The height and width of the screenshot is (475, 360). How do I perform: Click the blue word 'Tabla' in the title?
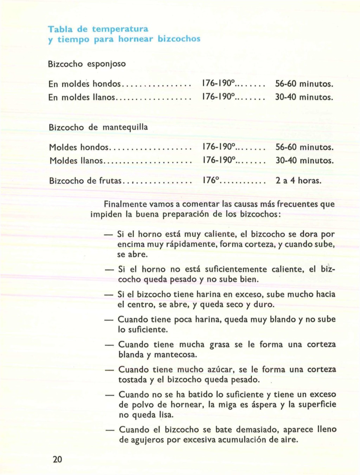click(58, 28)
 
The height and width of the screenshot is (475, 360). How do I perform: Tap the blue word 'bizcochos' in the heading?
click(179, 39)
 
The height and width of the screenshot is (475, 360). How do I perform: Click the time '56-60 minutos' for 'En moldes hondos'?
click(304, 84)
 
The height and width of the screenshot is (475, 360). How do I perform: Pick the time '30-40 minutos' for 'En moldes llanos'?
click(304, 97)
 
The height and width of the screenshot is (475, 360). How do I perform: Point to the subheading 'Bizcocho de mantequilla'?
click(98, 127)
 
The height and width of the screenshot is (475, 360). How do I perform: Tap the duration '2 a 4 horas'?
click(298, 181)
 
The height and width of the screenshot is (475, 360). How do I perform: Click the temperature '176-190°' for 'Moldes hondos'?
click(219, 147)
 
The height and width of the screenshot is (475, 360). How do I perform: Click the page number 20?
click(57, 459)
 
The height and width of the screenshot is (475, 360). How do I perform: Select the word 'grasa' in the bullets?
click(220, 345)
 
